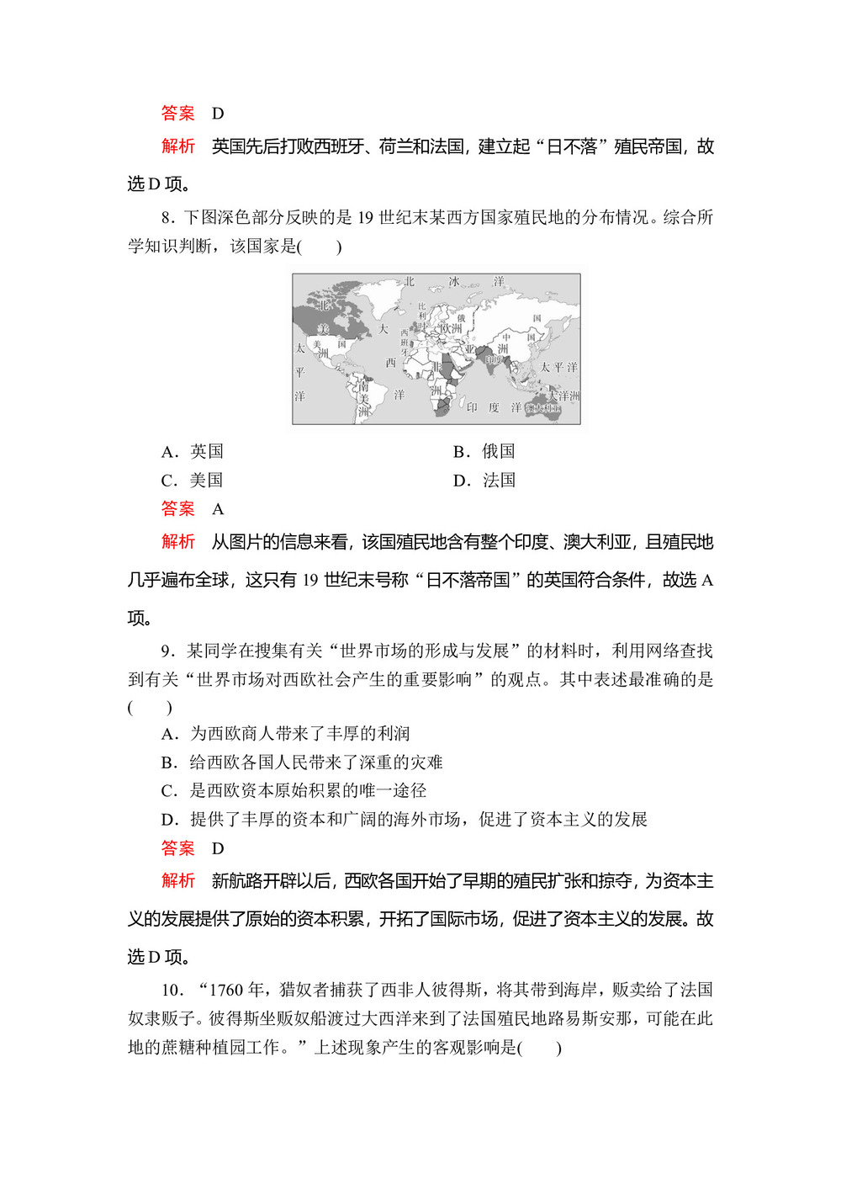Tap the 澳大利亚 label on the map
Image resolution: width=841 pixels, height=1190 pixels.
(x=543, y=409)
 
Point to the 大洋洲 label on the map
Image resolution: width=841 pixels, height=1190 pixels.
(x=563, y=396)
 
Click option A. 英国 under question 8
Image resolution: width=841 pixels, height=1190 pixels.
(x=193, y=452)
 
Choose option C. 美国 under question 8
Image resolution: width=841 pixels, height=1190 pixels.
(x=193, y=481)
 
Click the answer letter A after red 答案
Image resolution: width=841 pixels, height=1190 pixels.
(x=218, y=509)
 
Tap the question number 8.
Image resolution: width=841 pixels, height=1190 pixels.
(x=167, y=218)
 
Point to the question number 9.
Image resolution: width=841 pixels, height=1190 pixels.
(x=167, y=651)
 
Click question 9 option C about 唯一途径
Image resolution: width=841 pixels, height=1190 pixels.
(x=294, y=791)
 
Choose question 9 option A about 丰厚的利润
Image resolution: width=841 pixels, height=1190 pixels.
(x=285, y=734)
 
